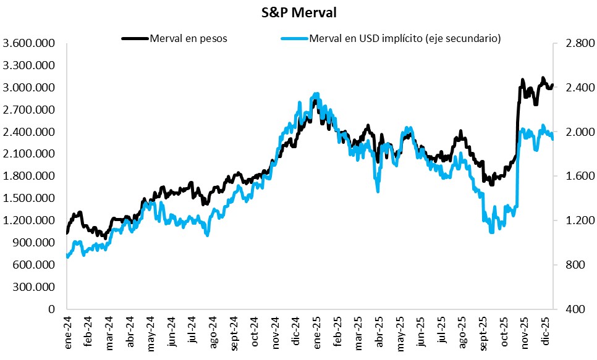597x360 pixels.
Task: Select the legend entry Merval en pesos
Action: (x=188, y=38)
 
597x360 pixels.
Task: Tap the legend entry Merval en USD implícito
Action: (x=405, y=38)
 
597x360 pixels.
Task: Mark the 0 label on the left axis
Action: (x=52, y=309)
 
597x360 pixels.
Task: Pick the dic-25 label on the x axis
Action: (x=546, y=333)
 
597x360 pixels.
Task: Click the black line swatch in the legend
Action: (x=135, y=38)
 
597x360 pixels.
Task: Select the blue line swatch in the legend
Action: (x=294, y=38)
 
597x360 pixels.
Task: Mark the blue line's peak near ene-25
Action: (x=316, y=94)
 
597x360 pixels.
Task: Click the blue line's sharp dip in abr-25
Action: (x=377, y=190)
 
